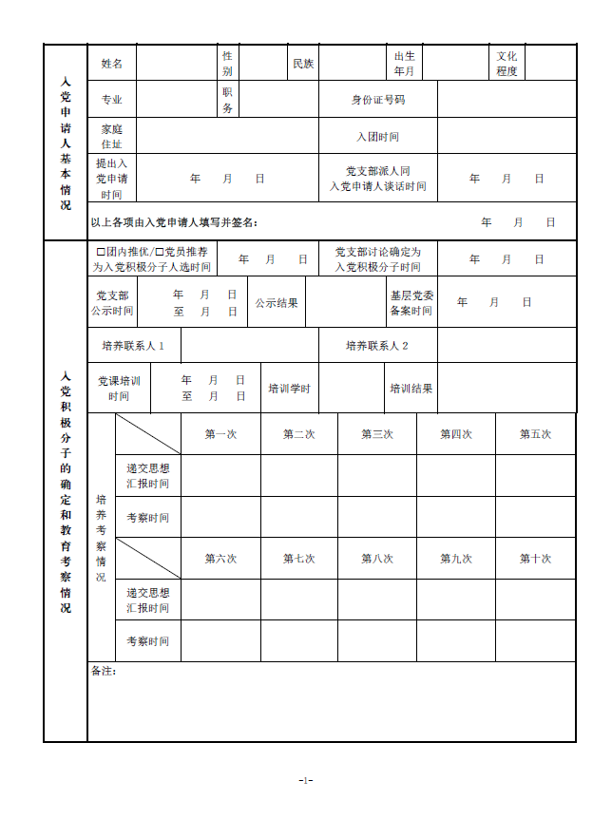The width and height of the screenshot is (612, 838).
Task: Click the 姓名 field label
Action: pos(112,64)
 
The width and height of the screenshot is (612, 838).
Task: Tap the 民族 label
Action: pos(303,64)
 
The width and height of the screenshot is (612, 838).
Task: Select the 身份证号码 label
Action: pos(377,99)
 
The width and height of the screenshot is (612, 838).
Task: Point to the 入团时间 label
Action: pos(377,137)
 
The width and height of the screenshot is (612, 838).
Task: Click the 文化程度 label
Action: pos(507,64)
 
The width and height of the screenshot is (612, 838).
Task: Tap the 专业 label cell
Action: pos(112,99)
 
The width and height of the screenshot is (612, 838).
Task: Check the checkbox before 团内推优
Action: pos(101,252)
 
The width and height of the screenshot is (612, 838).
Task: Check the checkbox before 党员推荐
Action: pos(159,252)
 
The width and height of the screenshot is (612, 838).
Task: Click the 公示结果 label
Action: pos(276,303)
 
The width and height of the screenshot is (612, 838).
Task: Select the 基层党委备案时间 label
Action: pos(411,303)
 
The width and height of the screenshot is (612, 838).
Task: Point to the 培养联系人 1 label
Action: pos(133,346)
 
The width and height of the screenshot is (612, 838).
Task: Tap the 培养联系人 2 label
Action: pos(376,346)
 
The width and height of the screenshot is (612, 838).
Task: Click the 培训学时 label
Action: pos(289,389)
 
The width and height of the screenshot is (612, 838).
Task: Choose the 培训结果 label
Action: pos(411,389)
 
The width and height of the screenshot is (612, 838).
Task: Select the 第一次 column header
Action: pos(220,434)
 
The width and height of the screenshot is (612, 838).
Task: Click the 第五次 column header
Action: pos(535,434)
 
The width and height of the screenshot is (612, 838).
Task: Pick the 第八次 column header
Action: pos(377,559)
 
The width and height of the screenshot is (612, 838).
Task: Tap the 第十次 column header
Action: pos(535,559)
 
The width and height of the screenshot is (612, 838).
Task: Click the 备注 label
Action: pos(103,672)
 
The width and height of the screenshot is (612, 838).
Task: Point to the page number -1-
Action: pos(305,780)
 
